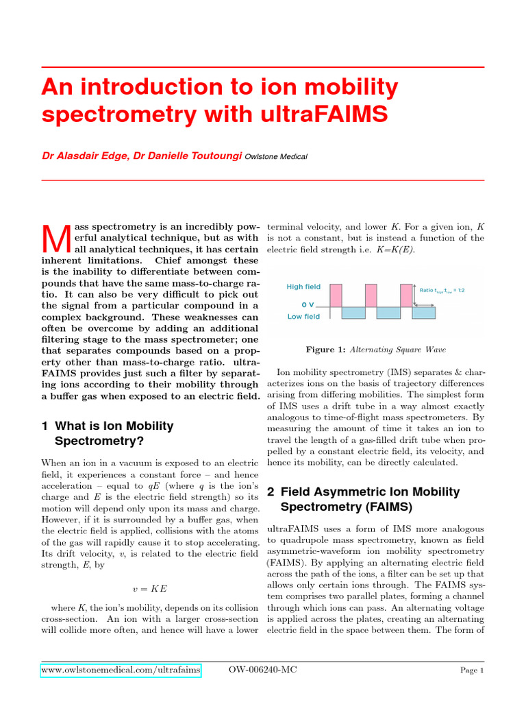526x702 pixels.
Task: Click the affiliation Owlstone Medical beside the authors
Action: (276, 157)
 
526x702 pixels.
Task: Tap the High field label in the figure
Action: (303, 287)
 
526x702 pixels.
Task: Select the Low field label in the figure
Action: (303, 317)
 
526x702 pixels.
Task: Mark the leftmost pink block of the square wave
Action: (336, 295)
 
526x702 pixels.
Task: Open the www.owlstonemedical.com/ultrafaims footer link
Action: (121, 669)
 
